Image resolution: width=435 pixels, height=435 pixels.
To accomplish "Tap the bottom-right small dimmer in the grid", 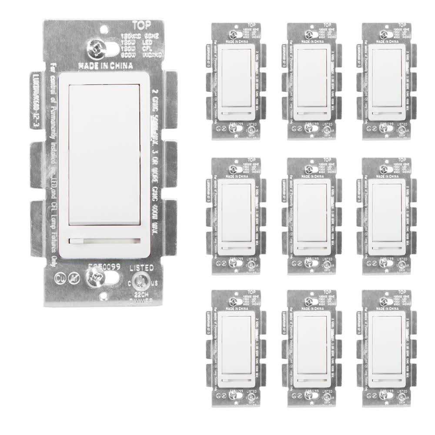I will point(384,348).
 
